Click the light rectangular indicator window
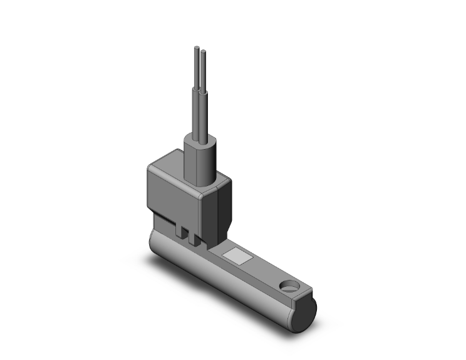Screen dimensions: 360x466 tap(238, 255)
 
